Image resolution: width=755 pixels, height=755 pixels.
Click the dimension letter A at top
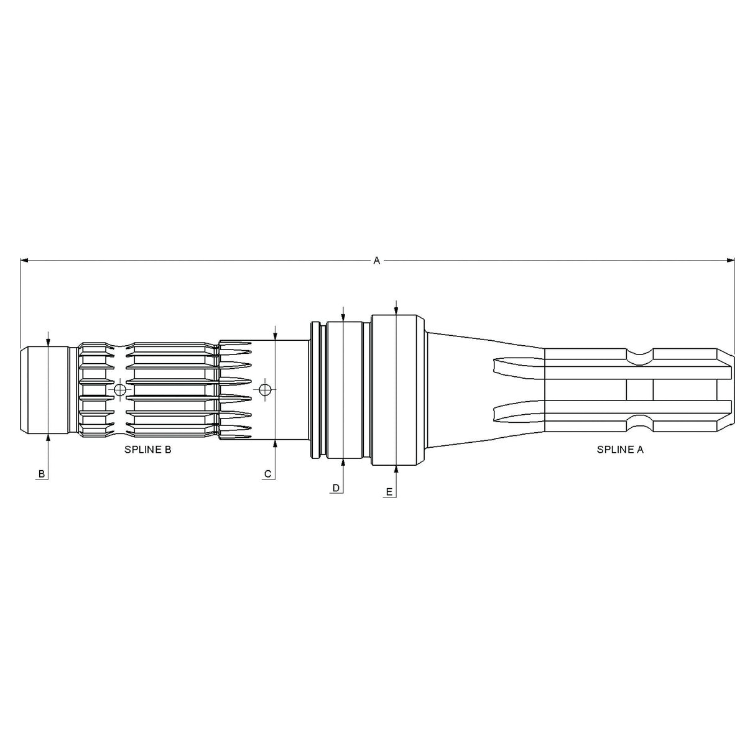(x=376, y=261)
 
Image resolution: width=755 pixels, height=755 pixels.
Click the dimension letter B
(x=42, y=474)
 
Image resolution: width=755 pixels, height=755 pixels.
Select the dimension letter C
(x=268, y=474)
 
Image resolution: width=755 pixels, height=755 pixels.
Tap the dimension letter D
(x=336, y=488)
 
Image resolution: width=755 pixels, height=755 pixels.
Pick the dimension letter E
(x=389, y=492)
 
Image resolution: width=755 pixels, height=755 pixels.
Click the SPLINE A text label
(x=620, y=450)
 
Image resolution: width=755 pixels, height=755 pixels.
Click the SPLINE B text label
(x=148, y=450)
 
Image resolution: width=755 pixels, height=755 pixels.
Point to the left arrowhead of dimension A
(x=24, y=261)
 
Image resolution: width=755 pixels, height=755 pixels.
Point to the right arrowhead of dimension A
(x=731, y=261)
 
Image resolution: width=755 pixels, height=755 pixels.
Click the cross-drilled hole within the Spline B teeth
(x=121, y=390)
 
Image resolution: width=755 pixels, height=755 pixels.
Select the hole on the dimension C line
(x=266, y=390)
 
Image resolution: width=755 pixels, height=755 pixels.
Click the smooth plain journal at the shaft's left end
(x=47, y=390)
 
